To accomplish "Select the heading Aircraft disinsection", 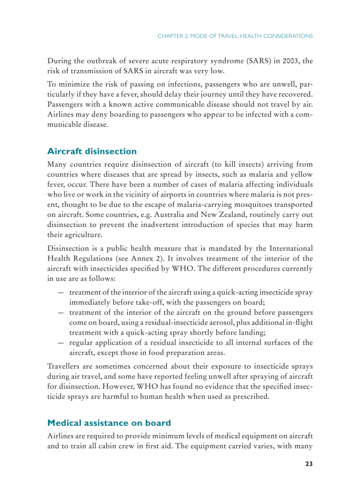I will [92, 151].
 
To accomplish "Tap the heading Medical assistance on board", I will [109, 423].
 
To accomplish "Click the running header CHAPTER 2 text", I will [235, 36].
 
